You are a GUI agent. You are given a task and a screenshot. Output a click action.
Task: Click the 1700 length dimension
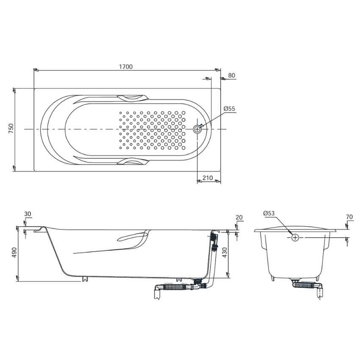[126, 66]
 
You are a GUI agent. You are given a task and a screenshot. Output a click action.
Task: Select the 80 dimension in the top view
[232, 75]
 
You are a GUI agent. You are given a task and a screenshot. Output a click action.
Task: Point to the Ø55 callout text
[229, 108]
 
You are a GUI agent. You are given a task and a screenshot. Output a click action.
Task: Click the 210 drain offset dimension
[208, 178]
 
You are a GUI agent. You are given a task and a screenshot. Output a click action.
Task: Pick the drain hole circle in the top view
[197, 129]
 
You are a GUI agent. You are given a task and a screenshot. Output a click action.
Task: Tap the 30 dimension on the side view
[28, 214]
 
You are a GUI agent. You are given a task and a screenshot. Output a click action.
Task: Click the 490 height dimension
[14, 252]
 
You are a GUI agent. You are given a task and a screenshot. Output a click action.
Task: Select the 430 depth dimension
[224, 252]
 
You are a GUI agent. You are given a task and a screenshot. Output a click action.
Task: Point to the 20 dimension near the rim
[239, 217]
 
